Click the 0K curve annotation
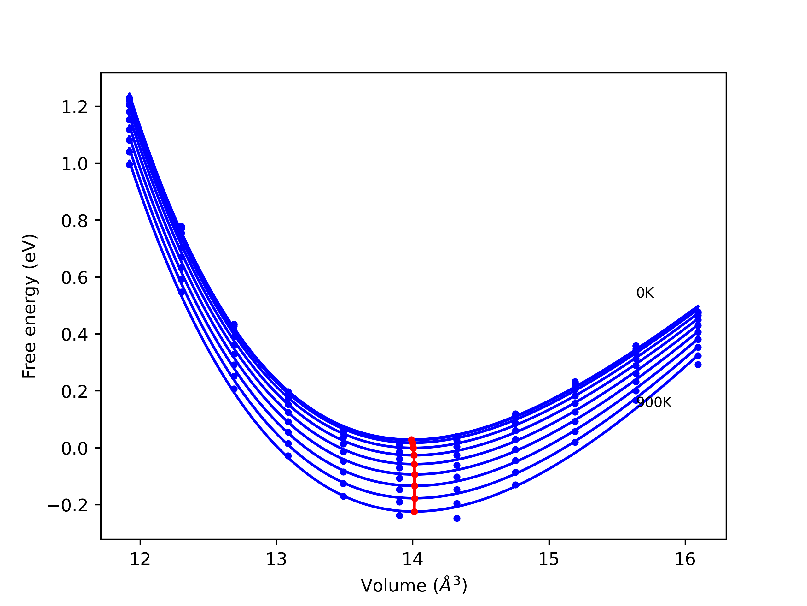click(x=645, y=293)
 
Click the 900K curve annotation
click(x=654, y=402)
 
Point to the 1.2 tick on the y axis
click(x=74, y=107)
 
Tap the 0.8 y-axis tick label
click(x=74, y=221)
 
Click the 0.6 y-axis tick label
click(x=74, y=278)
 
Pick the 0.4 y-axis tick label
click(x=74, y=335)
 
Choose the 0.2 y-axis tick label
click(x=74, y=392)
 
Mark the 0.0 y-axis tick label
click(x=74, y=449)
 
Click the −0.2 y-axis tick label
click(x=68, y=506)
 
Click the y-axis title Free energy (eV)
click(x=29, y=306)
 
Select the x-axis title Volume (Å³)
click(x=414, y=585)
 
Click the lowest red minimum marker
click(x=414, y=512)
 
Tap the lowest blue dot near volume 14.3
click(x=457, y=518)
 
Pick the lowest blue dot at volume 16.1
click(x=698, y=365)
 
